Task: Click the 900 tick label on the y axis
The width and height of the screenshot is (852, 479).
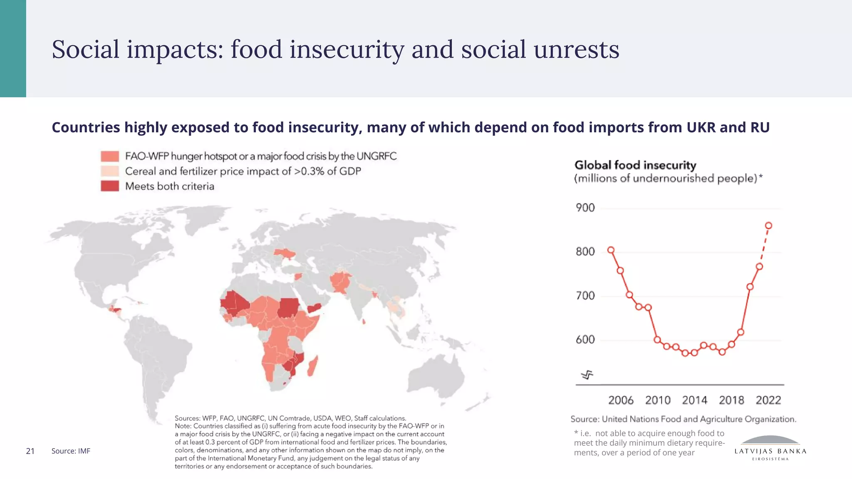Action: click(585, 207)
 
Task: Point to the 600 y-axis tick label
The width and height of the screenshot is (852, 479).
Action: click(585, 340)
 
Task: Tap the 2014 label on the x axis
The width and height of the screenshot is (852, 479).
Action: click(694, 400)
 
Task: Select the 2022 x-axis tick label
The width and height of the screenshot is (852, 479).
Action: click(768, 400)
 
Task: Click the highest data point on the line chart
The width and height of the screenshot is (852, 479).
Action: click(768, 226)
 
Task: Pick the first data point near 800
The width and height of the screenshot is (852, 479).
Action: click(611, 250)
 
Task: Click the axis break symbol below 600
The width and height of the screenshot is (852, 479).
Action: click(587, 375)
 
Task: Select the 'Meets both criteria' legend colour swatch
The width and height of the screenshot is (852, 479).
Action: click(110, 186)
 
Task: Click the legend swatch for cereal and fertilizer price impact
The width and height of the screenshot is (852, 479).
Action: click(110, 171)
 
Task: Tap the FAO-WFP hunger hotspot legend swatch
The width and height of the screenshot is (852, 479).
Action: click(110, 156)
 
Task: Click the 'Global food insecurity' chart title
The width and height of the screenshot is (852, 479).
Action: click(635, 165)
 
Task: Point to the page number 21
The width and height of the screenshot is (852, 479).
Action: click(30, 451)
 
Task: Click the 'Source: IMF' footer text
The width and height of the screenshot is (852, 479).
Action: click(71, 451)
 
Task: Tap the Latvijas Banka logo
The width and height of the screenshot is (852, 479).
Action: click(770, 447)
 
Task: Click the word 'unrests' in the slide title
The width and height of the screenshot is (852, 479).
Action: click(576, 49)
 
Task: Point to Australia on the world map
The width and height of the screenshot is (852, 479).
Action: click(437, 376)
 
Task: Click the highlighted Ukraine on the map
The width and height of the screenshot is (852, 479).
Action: click(285, 252)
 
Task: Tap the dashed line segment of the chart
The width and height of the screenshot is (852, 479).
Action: click(764, 246)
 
